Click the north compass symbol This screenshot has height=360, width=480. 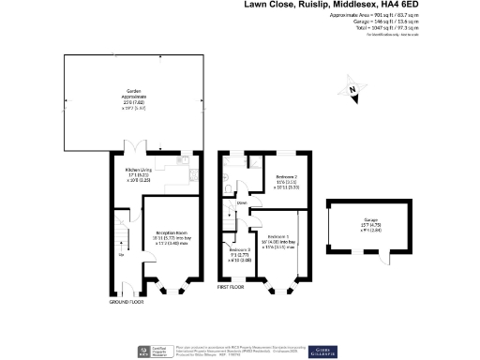350,89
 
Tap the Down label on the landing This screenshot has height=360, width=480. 242,202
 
